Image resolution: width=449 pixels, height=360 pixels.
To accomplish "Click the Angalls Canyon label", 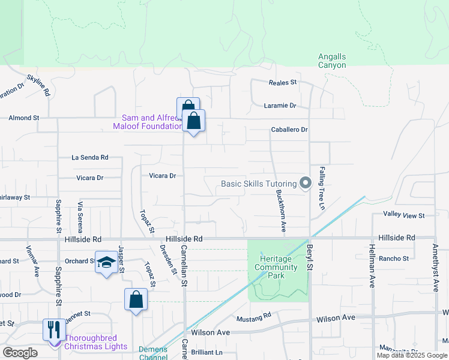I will coord(331,61).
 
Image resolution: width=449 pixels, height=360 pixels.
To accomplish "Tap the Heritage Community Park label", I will coord(276,267).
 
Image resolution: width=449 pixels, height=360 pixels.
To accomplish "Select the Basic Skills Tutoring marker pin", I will coord(306,182).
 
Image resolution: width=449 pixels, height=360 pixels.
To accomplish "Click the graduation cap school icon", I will coord(106,263).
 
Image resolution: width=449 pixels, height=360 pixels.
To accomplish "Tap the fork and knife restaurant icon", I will coord(54,329).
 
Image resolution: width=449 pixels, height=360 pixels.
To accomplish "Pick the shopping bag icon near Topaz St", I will coord(136,299).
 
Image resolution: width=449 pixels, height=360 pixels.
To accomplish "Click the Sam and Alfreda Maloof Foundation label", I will coord(148,122).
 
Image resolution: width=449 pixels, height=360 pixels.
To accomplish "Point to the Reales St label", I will coord(283,82).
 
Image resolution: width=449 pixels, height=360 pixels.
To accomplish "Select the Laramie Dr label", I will coord(280,106).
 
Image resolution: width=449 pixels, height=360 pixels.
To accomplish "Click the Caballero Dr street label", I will coord(289,130).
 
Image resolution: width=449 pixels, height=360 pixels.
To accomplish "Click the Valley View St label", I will coord(404,215).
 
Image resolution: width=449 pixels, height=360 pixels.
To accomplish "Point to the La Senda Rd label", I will coord(90,157).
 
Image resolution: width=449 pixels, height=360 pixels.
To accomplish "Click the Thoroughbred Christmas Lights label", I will coord(95,342).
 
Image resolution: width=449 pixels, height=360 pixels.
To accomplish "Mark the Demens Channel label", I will coord(154,353).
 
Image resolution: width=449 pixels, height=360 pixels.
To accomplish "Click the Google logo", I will coord(20,353).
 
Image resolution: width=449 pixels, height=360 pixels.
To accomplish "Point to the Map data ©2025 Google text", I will coord(411,355).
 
